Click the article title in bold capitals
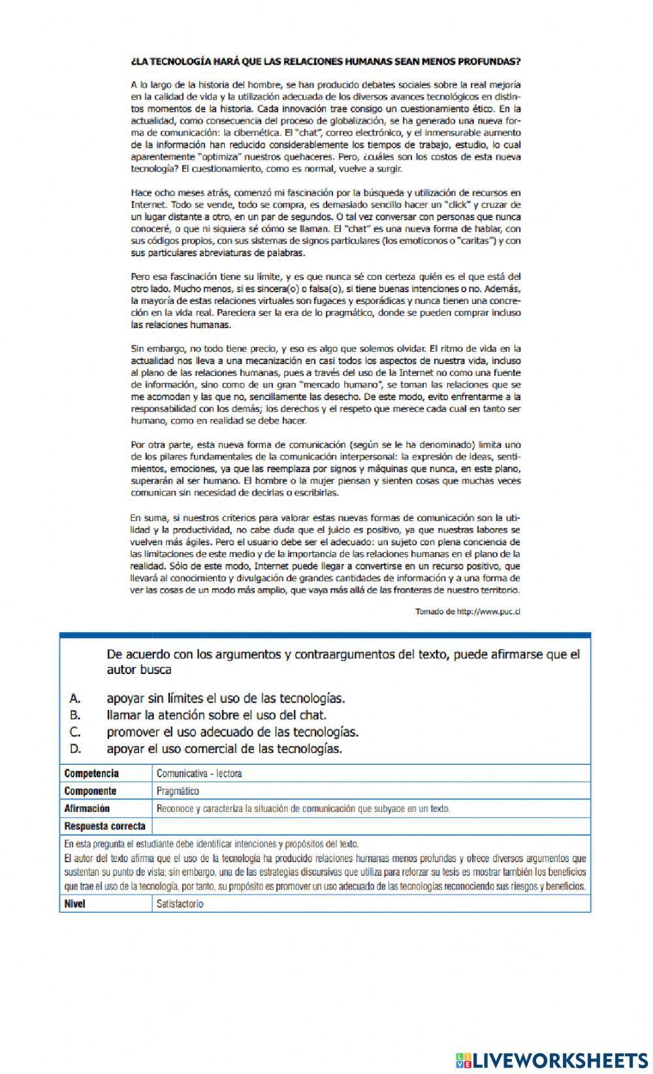326,62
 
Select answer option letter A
74,698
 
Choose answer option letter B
74,715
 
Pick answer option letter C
74,732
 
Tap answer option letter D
74,749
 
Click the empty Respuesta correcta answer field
370,826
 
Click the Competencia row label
91,773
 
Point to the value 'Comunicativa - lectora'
199,773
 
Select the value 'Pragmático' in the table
178,791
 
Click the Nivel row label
74,904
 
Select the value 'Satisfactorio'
180,904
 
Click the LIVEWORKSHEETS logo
552,1060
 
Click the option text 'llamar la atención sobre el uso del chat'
216,715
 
